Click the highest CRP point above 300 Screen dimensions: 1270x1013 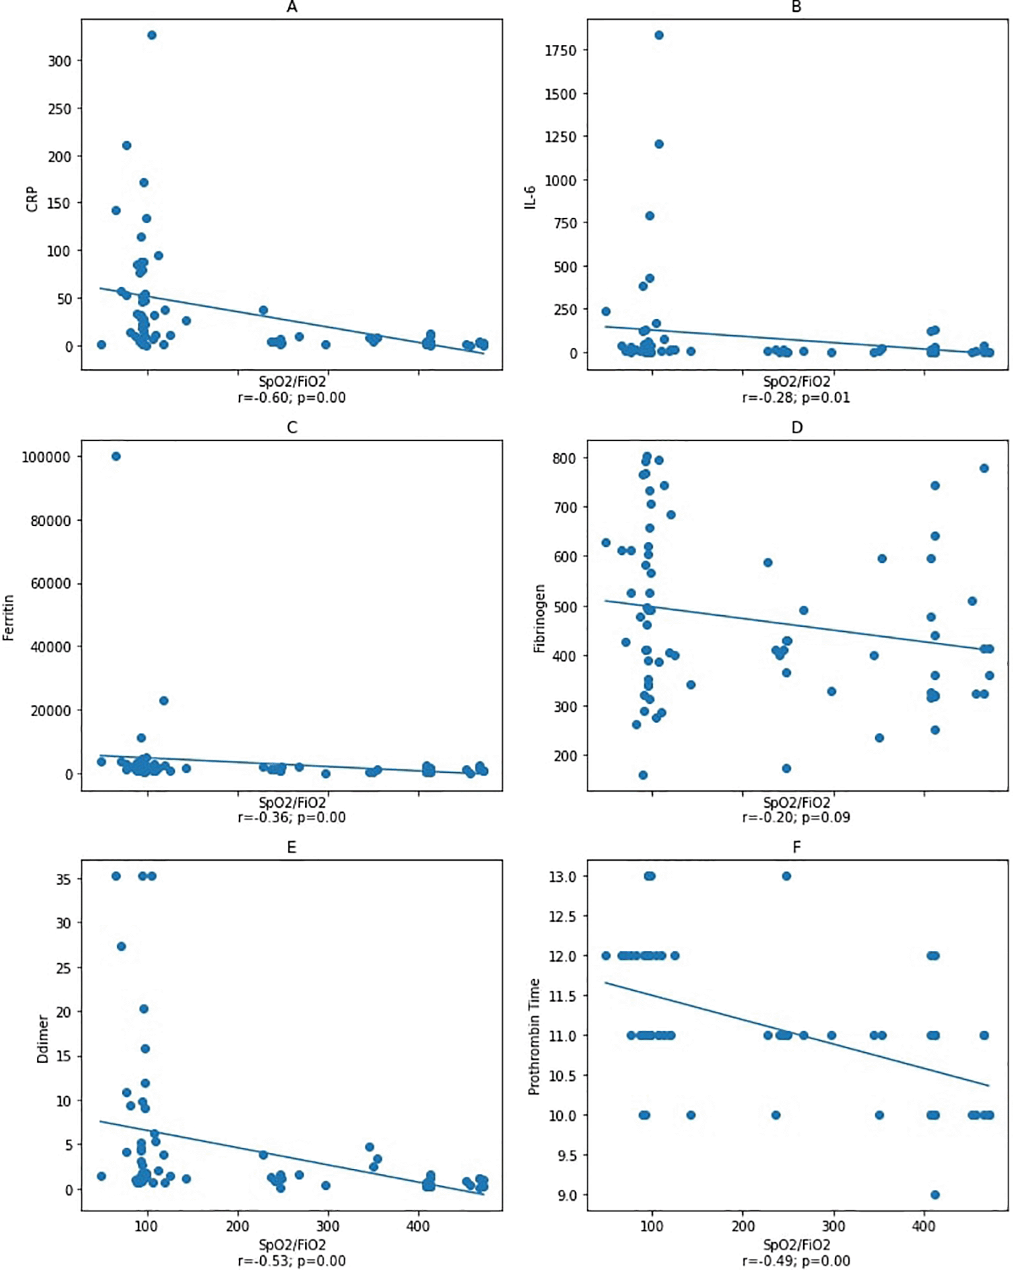152,35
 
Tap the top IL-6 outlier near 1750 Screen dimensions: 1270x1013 659,35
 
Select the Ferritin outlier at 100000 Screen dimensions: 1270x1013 116,456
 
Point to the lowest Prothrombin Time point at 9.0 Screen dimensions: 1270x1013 934,1195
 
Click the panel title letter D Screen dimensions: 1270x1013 797,428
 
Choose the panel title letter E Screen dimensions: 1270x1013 292,848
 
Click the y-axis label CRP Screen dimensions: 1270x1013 32,199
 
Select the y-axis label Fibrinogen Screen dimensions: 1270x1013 539,618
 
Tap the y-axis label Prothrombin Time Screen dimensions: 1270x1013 534,1037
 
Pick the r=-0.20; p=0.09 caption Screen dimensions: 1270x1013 796,817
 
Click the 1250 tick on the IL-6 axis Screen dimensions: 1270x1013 560,137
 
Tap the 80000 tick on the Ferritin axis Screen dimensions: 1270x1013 50,521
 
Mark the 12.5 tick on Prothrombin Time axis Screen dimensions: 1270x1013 562,917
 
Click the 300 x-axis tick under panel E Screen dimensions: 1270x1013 327,1226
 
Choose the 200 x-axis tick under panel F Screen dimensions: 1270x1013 743,1226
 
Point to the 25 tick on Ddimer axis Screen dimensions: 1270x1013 63,968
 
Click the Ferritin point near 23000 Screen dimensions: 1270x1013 164,700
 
